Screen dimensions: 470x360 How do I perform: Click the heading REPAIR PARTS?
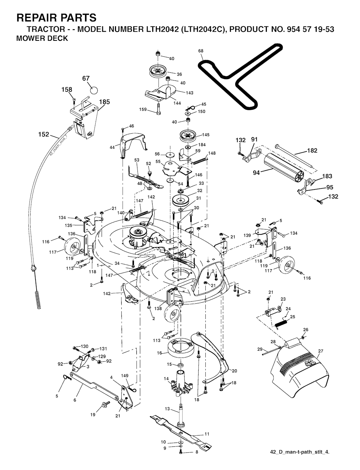tap(56, 17)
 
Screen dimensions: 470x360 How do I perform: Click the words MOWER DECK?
tap(42, 38)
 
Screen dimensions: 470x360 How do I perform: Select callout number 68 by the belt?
tap(201, 51)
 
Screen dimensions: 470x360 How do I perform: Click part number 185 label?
tap(104, 102)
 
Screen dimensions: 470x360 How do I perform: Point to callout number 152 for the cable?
tap(44, 134)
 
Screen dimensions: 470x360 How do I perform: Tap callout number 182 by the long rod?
tap(312, 151)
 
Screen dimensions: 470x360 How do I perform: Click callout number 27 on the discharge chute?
tap(321, 351)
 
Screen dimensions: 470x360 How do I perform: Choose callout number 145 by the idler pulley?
tap(206, 135)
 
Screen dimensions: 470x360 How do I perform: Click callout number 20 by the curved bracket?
tap(234, 371)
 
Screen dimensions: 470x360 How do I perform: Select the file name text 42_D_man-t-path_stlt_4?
tap(300, 452)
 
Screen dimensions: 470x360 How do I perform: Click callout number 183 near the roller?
tap(327, 176)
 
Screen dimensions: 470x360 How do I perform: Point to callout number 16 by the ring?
tap(159, 353)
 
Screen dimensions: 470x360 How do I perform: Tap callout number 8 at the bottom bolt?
tap(197, 452)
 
